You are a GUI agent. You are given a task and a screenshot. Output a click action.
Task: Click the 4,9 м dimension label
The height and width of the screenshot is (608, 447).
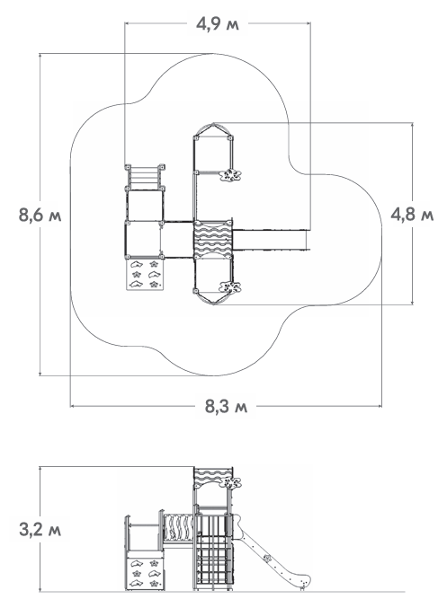click(217, 24)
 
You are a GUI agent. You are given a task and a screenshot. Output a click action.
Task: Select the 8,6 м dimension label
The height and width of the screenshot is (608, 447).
click(40, 215)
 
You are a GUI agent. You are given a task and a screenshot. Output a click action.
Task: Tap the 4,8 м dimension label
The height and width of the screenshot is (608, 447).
click(412, 214)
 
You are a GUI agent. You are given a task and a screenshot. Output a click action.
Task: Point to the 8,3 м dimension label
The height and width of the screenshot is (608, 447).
click(226, 406)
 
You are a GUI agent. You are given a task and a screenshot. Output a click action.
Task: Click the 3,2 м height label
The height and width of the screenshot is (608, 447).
click(40, 530)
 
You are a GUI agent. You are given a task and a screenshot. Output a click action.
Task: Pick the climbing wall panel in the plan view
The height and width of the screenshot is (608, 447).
click(145, 274)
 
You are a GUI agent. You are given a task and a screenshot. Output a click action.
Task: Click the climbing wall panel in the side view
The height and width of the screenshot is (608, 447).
click(145, 572)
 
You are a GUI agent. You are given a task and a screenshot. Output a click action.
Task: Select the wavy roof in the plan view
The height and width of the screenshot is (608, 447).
click(213, 240)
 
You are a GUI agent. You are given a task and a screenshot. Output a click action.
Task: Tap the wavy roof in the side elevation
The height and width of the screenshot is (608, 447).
click(213, 477)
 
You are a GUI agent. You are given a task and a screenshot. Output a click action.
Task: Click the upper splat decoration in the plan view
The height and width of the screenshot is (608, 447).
click(231, 175)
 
